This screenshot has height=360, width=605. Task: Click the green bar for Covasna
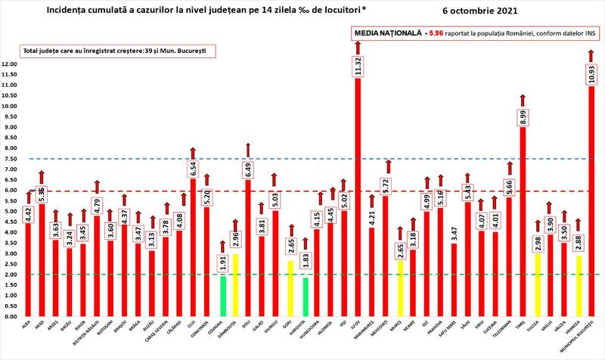coord(222,296)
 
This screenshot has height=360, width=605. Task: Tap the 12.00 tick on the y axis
coord(10,64)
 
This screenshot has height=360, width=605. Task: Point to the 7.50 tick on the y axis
coord(10,159)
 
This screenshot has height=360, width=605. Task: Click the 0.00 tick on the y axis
coord(10,317)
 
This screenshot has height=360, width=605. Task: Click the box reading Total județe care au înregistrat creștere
coord(108,51)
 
